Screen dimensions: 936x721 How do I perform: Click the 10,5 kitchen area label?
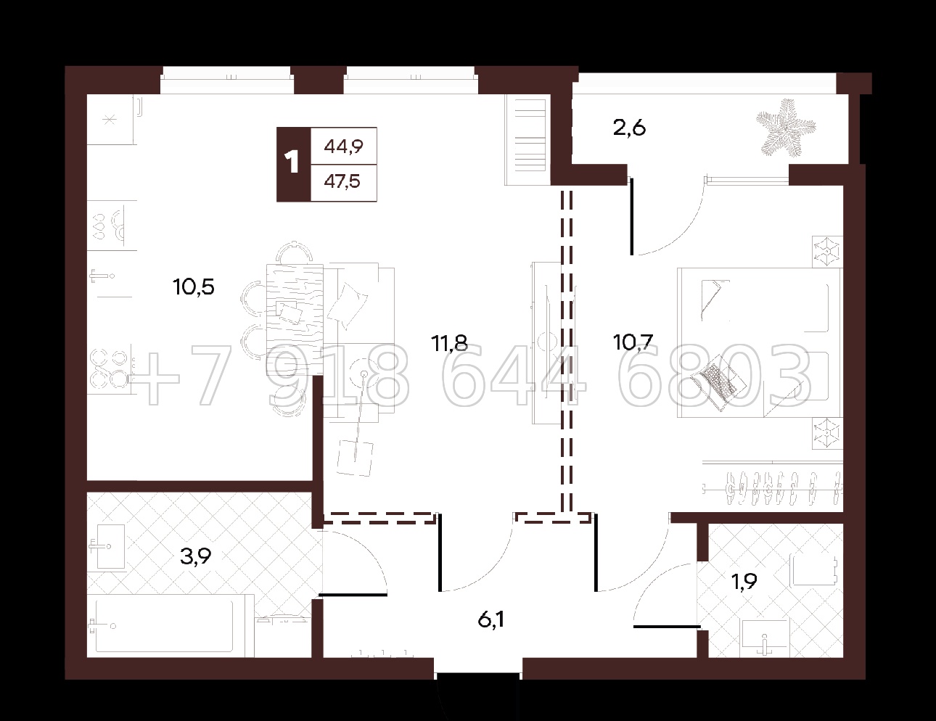coord(194,287)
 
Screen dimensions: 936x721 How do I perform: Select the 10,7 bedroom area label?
coord(633,343)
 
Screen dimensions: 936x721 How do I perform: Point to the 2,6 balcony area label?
coord(629,128)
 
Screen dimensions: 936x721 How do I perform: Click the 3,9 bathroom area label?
coord(195,556)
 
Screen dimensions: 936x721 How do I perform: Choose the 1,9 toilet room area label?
coord(744,581)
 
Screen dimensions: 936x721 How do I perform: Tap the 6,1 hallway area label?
coord(491,620)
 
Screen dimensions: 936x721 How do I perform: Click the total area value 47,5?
coord(342,181)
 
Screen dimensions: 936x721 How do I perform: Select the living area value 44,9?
coord(343,147)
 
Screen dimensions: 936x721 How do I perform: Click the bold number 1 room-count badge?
coord(293,164)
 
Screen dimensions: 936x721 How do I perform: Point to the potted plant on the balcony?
coord(786,128)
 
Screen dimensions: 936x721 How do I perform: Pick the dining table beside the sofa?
coord(295,319)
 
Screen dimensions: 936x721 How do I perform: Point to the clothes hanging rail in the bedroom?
coord(772,488)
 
